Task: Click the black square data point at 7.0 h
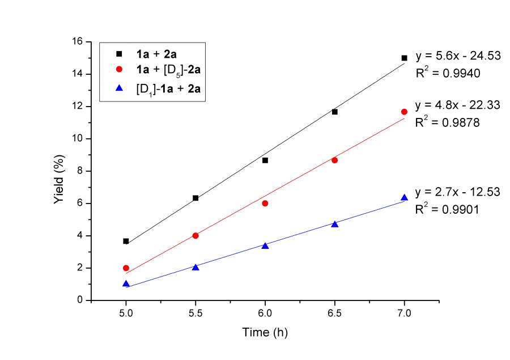click(404, 58)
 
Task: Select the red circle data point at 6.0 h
click(265, 203)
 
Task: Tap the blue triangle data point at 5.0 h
click(126, 283)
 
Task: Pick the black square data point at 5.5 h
click(195, 198)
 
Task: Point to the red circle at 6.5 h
click(334, 160)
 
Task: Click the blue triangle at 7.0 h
click(404, 197)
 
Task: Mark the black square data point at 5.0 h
click(126, 241)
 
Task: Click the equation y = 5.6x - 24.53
click(457, 56)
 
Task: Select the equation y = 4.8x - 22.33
click(457, 105)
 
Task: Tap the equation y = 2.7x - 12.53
click(457, 192)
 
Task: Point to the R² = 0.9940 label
click(448, 73)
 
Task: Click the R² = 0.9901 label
click(448, 209)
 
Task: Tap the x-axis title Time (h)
click(264, 332)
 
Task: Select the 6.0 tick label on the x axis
click(265, 311)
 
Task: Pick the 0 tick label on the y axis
click(80, 300)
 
